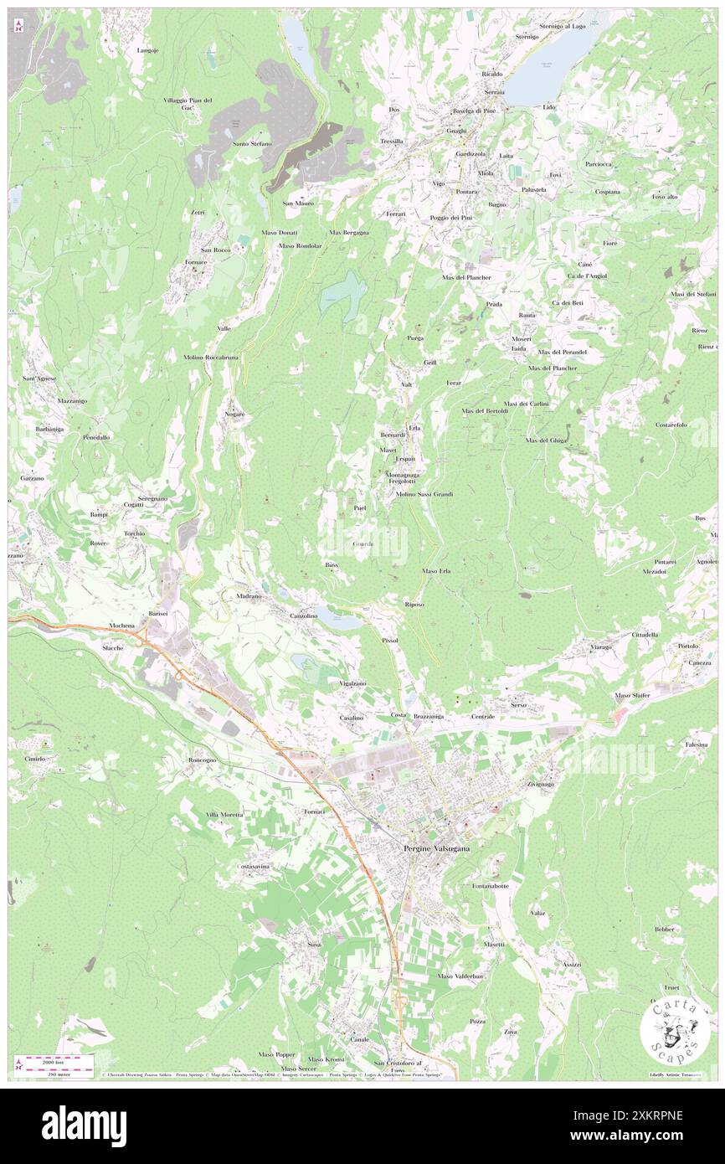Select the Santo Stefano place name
coord(252,144)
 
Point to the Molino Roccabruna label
coord(211,357)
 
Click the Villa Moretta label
coord(224,815)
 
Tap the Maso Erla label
coord(436,571)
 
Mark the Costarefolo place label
coord(671,425)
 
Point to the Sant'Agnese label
coord(39,379)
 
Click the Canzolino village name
coord(303,615)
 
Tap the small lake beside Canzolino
coord(346,622)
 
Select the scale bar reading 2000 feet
coord(49,1061)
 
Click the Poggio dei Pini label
coord(452,218)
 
